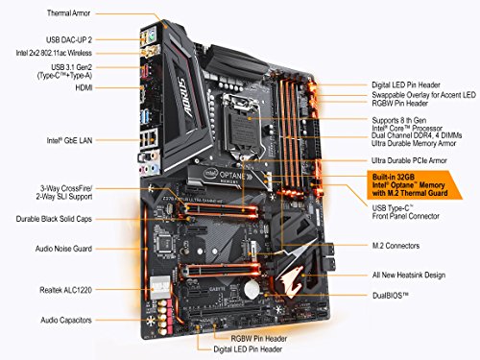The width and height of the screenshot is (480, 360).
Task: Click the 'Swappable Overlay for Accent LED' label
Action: (422, 96)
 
